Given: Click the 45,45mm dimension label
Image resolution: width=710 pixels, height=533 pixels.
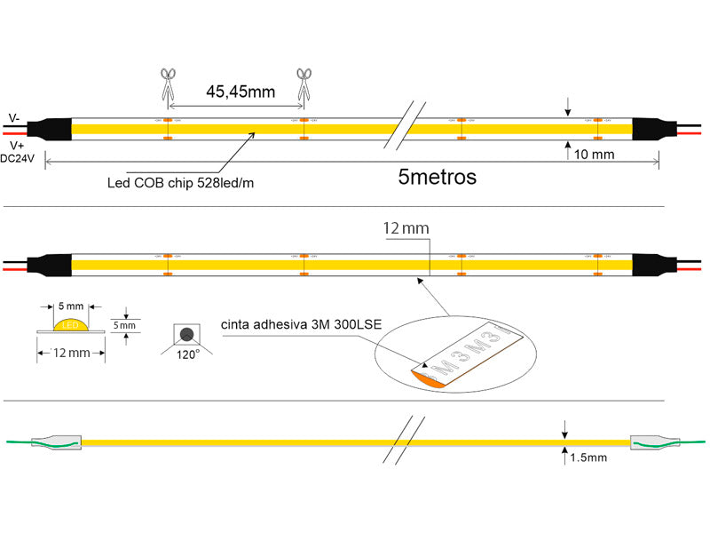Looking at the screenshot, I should [240, 91].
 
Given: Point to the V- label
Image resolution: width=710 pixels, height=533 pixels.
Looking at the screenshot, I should [15, 117].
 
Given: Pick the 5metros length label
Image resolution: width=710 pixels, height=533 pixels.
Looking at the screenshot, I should [438, 177].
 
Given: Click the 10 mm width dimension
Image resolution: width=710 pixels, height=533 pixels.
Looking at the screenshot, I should [595, 154].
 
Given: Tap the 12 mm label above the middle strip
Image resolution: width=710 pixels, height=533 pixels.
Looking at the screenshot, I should [406, 228].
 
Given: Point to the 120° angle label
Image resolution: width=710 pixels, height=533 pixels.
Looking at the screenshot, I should [186, 354].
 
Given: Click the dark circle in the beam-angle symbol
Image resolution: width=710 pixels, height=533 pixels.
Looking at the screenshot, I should [187, 334].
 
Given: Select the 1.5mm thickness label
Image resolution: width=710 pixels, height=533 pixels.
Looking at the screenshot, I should [588, 457].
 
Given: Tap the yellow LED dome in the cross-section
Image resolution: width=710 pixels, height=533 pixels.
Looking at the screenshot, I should [70, 324].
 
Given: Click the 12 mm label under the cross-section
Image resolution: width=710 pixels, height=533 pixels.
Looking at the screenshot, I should [71, 354].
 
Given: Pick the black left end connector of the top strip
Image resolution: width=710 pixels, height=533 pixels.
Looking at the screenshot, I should [55, 129].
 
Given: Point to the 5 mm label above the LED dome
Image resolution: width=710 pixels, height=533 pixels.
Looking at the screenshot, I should [70, 306].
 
